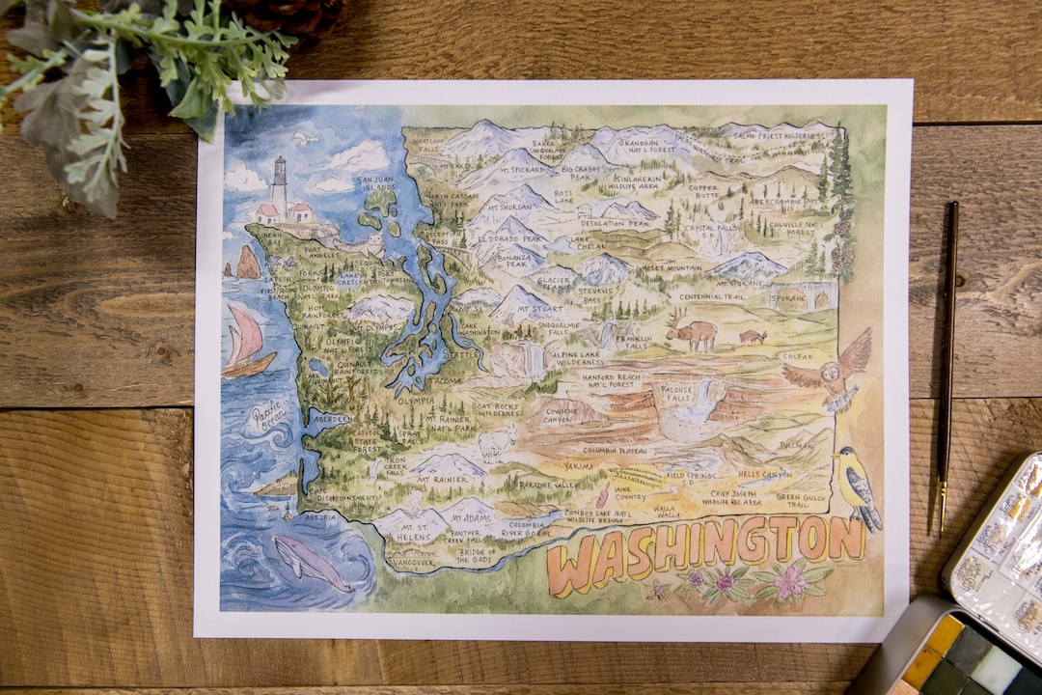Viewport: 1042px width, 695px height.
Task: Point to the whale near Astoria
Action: point(311,562)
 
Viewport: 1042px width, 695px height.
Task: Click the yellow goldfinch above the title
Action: point(856,486)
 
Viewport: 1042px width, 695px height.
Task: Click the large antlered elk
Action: point(692,332)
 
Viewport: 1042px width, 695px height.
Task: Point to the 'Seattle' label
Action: point(467,354)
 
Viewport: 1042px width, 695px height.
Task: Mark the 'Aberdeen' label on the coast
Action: point(332,420)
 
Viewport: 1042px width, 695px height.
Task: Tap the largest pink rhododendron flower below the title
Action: point(790,583)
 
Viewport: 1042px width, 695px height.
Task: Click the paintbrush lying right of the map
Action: point(947,367)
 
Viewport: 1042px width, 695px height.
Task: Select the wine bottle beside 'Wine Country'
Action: point(603,497)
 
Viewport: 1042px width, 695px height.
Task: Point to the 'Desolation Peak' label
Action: point(614,224)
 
